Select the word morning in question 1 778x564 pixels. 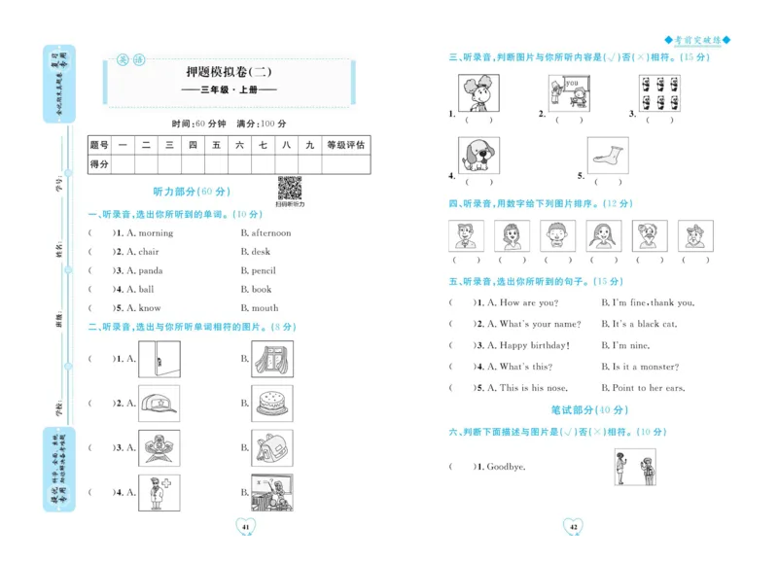pos(155,233)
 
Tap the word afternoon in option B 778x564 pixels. pos(271,233)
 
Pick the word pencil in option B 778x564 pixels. pos(264,271)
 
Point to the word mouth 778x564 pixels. pos(265,308)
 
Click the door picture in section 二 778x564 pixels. pos(159,359)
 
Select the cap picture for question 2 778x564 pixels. pos(159,403)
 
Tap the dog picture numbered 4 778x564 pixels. pos(478,155)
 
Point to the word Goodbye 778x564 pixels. pos(506,467)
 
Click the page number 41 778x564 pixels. pos(246,527)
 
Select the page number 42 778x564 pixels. pos(574,527)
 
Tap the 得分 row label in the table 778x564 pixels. pos(99,164)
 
